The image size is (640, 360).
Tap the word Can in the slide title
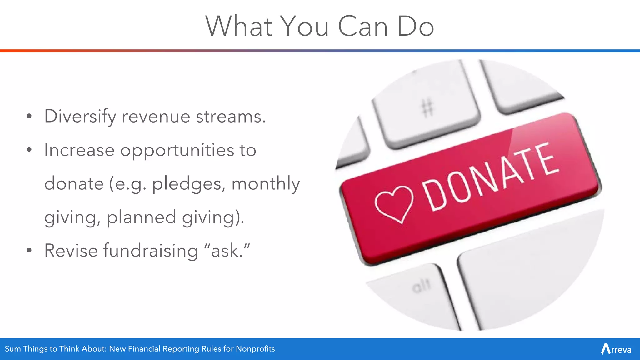pos(363,26)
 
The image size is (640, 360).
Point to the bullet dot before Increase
pos(29,150)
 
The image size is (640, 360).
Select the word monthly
pos(266,184)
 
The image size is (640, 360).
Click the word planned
pos(141,217)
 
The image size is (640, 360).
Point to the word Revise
pos(71,251)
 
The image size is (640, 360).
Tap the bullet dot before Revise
pos(29,251)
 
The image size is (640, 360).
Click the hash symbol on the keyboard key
pos(427,107)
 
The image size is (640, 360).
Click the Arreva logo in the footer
pos(616,349)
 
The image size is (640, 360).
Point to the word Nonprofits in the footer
pos(255,349)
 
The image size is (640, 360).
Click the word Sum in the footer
pos(13,349)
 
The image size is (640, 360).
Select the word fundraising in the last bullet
pos(150,251)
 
